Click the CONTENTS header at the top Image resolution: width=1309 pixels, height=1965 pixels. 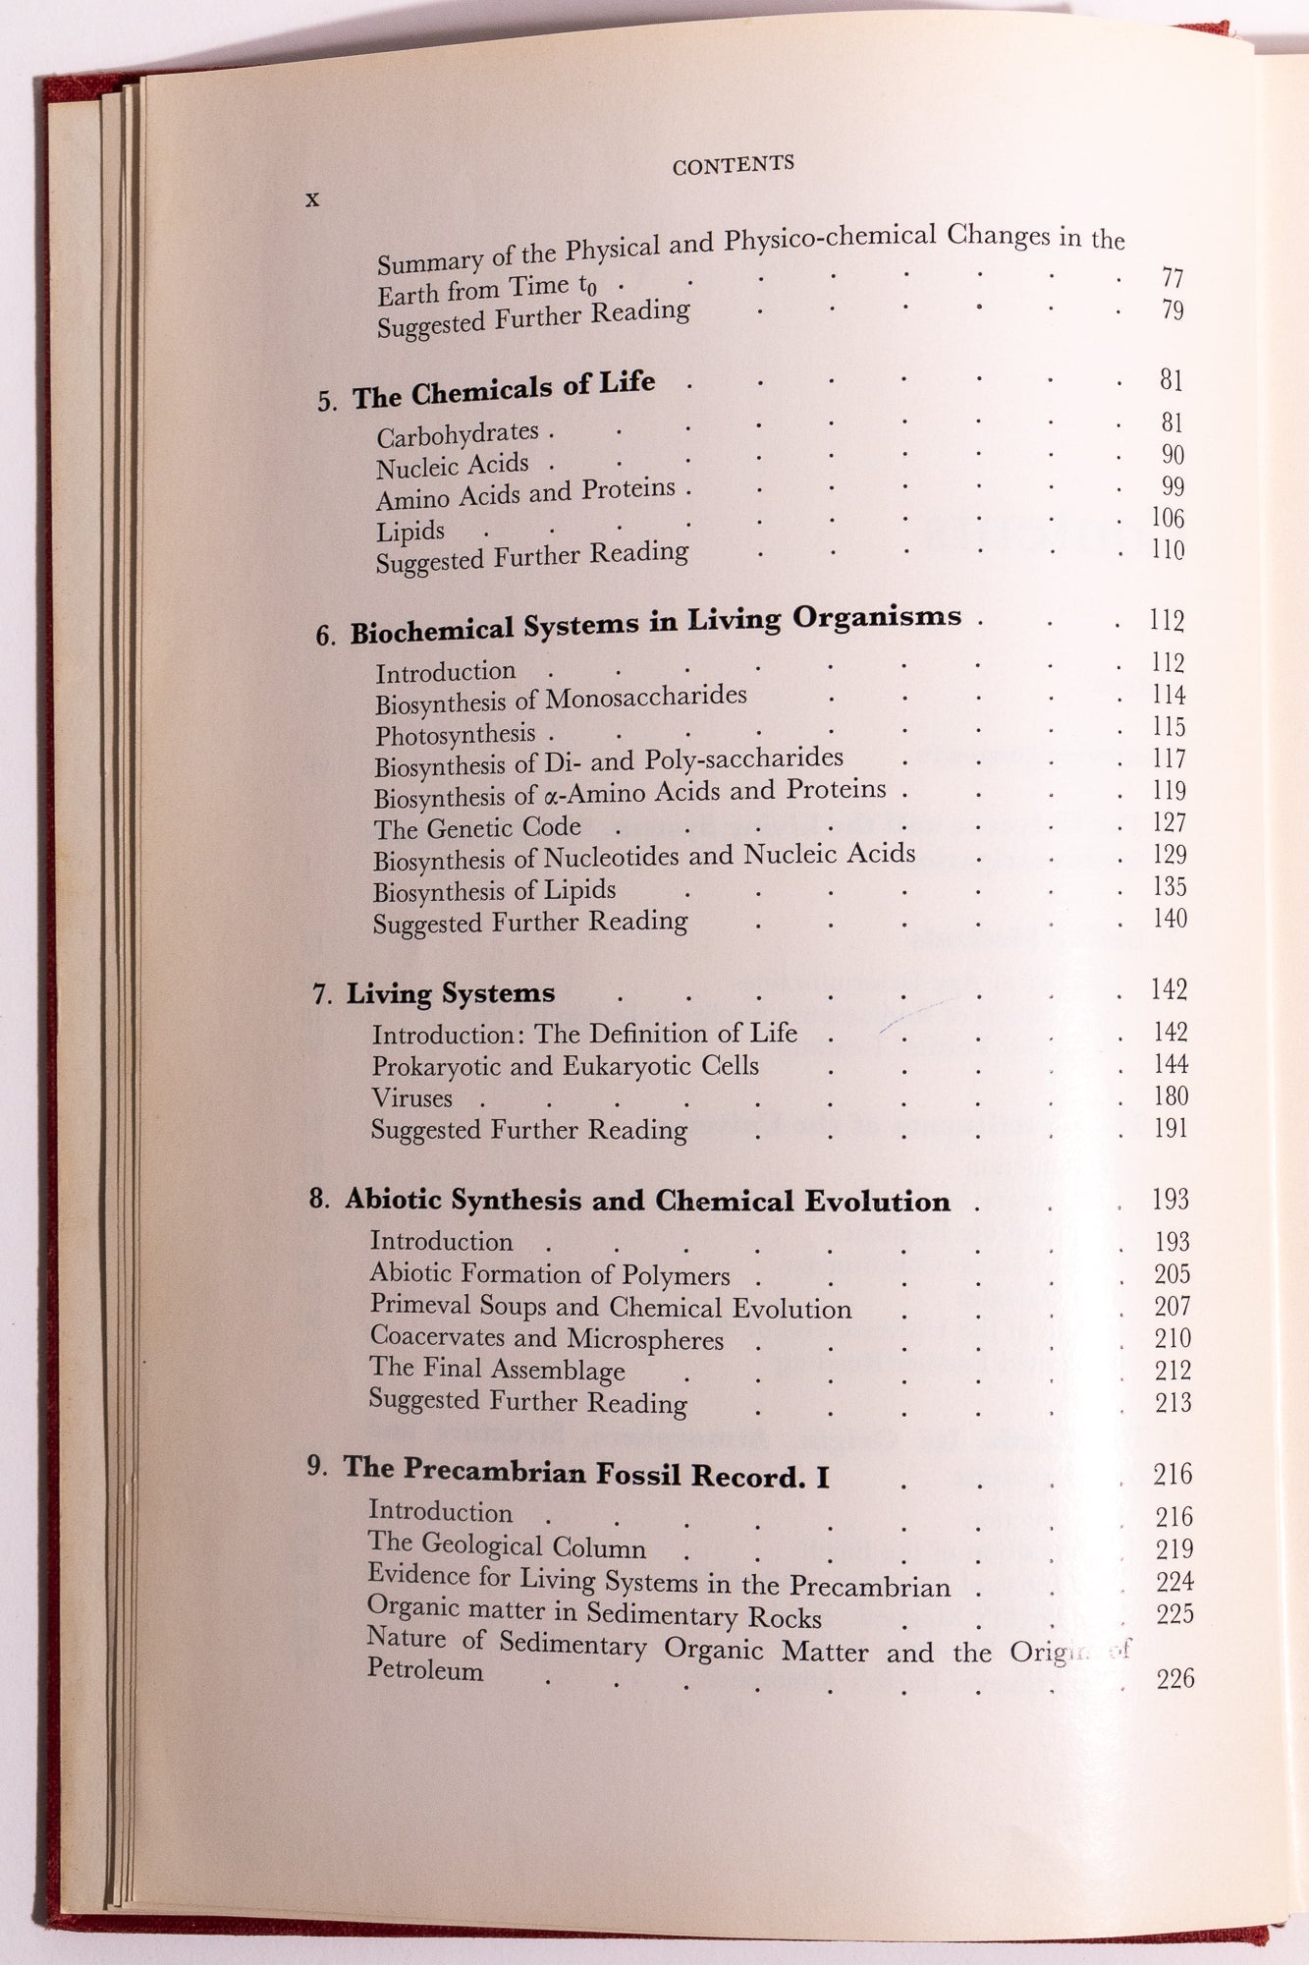733,165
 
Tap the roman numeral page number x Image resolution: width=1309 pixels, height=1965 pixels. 312,199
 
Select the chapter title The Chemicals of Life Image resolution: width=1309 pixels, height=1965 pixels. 504,389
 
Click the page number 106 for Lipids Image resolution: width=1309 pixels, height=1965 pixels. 1168,518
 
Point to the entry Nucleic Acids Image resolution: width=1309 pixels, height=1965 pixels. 453,466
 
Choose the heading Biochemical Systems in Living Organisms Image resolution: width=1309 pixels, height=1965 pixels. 655,624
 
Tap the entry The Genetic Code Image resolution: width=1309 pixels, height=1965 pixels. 477,827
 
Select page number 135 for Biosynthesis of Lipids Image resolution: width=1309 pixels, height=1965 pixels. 1170,886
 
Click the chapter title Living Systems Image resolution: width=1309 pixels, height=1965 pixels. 451,994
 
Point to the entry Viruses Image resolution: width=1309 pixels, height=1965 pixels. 411,1098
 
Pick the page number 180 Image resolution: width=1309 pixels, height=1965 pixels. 1171,1095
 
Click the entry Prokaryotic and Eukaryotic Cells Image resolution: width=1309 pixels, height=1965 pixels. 565,1066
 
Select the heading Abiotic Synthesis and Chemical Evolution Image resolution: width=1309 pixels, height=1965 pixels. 647,1202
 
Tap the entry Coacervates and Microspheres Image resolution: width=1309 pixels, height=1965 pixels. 546,1338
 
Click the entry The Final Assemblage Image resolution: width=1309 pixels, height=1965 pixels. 497,1370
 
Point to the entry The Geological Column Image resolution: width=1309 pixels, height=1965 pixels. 507,1546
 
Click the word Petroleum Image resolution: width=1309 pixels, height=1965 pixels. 425,1670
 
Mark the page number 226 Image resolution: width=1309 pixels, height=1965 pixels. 1174,1678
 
